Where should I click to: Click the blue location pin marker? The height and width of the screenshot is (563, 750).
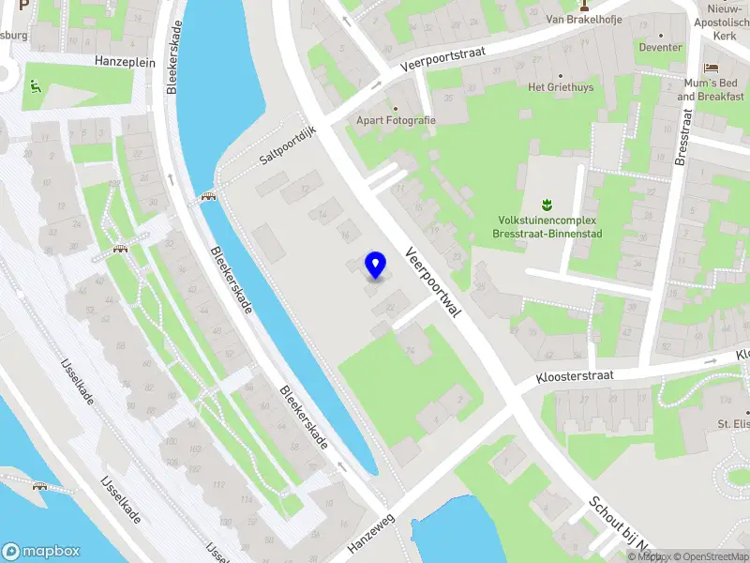point(375,265)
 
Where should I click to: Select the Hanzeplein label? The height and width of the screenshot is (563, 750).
point(125,60)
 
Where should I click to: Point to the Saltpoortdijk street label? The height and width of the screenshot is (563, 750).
point(289,149)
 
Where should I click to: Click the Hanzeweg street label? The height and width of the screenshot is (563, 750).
point(371,532)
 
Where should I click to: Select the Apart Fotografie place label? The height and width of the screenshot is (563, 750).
point(396,120)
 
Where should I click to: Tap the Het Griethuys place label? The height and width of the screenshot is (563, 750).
point(561,88)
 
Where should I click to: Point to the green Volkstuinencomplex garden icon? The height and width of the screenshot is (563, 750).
point(547,203)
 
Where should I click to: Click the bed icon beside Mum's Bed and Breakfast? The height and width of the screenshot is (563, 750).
point(711,68)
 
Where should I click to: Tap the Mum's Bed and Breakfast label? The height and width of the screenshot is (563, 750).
point(711,90)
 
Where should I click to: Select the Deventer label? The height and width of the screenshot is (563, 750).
point(661,48)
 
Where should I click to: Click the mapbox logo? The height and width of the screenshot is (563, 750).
point(41,552)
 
